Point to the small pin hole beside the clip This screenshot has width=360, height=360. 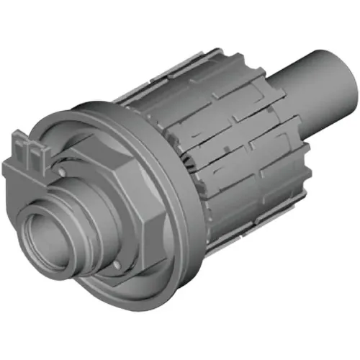[64, 171]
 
